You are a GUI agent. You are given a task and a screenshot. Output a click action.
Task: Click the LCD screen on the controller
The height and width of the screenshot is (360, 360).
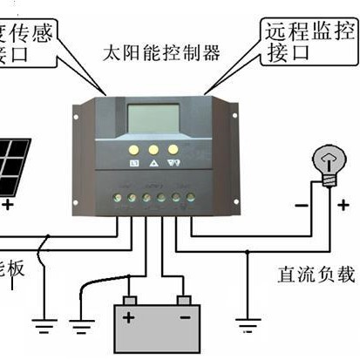(154, 119)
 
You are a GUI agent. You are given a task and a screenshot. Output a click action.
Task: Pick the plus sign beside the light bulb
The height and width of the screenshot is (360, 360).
(343, 206)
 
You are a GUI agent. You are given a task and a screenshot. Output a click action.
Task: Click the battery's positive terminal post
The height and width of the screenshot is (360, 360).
(129, 301)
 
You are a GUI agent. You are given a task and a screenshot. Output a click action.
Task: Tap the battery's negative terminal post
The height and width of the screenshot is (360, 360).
(184, 301)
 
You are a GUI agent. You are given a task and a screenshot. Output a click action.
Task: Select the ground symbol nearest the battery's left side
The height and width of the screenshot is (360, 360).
(83, 327)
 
